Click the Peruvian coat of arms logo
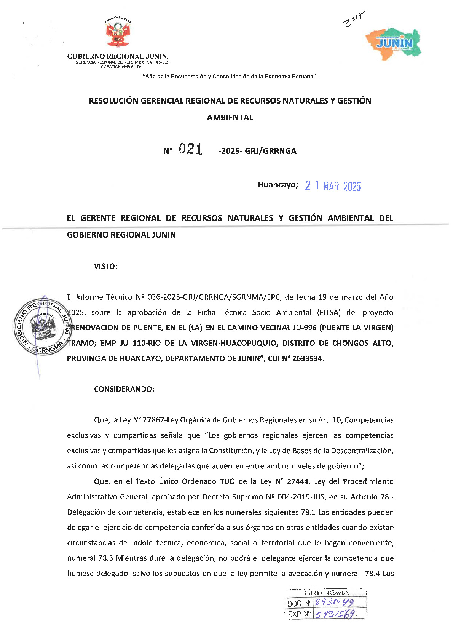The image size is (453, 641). pos(118,32)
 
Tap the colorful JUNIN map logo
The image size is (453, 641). pos(394,44)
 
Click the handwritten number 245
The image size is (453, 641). pos(354,19)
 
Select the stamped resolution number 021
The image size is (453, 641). pos(190,149)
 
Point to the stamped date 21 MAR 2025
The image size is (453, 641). pos(333,186)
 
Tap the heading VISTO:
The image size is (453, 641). pos(105,266)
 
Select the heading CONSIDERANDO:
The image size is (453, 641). pos(124,389)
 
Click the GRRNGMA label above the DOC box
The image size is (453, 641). pos(326,593)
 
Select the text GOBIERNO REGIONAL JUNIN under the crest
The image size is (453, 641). pos(117,56)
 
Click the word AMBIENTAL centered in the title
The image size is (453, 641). pos(230,118)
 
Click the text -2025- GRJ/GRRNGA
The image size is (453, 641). pos(257,151)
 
